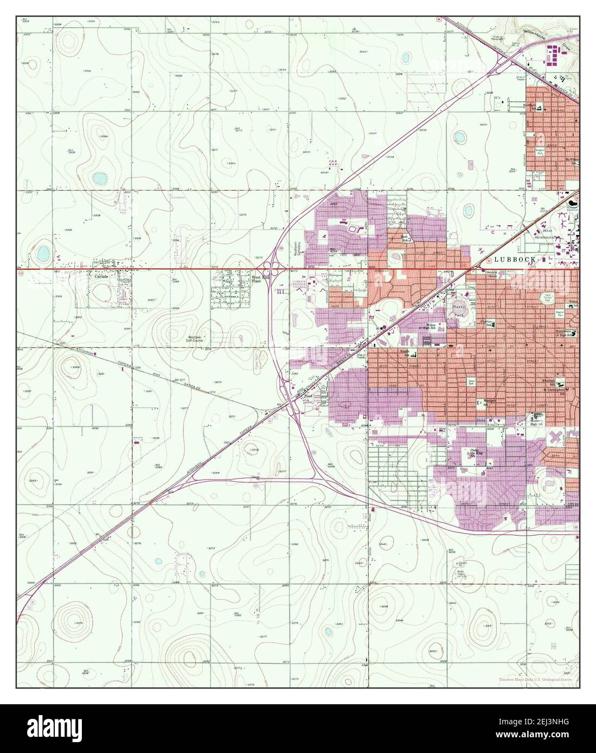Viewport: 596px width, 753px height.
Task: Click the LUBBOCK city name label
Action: pos(515,259)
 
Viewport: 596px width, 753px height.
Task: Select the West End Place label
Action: pos(260,279)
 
